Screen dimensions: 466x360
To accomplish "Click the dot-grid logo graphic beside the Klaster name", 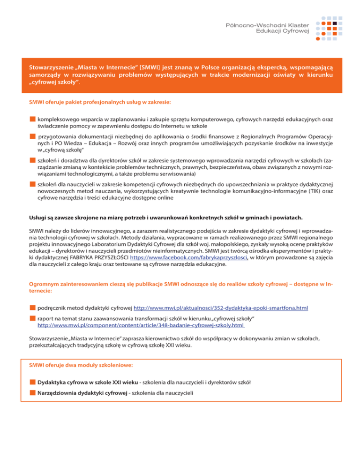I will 331,28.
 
